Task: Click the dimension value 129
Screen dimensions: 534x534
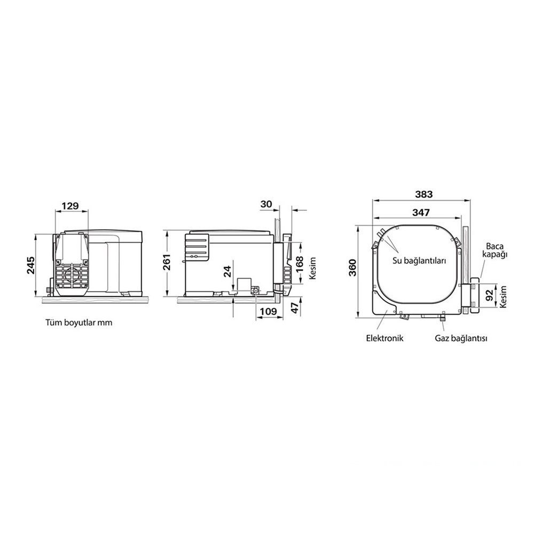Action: click(70, 206)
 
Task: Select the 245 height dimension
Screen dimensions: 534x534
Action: click(30, 265)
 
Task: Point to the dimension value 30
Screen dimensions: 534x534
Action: click(266, 204)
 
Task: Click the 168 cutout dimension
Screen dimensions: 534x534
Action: click(299, 264)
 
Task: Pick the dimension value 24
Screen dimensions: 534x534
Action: click(227, 271)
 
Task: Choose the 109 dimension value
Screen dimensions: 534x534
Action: click(269, 311)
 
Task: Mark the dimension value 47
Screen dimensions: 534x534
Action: click(296, 307)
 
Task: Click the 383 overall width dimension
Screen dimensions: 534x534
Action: click(423, 194)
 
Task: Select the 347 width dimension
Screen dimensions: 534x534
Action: click(421, 213)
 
